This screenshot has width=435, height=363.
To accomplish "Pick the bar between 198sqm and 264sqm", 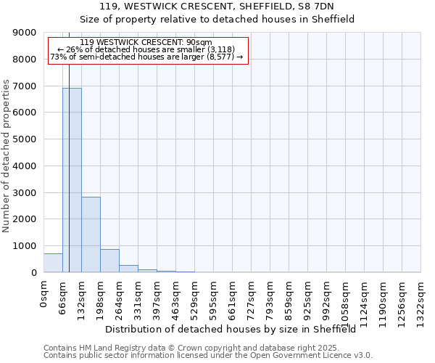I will [109, 261].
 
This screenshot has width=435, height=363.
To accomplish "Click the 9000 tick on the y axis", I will [26, 33].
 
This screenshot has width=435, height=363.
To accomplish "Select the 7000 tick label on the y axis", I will [26, 86].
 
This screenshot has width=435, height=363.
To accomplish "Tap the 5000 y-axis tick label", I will [26, 139].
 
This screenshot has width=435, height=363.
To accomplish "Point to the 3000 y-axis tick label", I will [26, 192].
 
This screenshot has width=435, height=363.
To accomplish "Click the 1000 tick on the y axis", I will [26, 246].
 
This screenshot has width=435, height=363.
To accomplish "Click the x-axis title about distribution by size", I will [236, 330].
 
